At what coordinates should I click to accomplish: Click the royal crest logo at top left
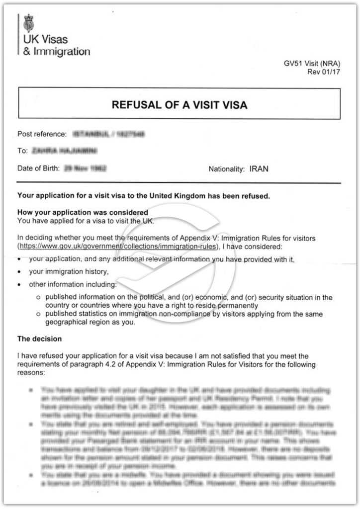click(28, 23)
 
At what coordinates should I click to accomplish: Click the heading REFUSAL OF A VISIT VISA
click(180, 105)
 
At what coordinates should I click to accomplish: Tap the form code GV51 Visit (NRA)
click(312, 64)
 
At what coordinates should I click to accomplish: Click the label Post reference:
click(42, 134)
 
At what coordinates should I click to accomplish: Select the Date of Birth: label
click(39, 168)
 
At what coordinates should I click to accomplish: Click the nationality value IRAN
click(259, 169)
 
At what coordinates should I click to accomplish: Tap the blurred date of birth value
click(86, 168)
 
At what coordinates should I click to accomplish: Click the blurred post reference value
click(109, 134)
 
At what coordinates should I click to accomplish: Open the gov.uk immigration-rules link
click(118, 246)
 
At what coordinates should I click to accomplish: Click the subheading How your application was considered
click(83, 212)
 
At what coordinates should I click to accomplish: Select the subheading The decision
click(40, 339)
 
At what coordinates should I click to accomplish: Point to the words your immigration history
click(69, 271)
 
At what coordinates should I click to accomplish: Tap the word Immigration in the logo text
click(62, 51)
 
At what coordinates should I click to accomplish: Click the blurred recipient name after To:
click(64, 150)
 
